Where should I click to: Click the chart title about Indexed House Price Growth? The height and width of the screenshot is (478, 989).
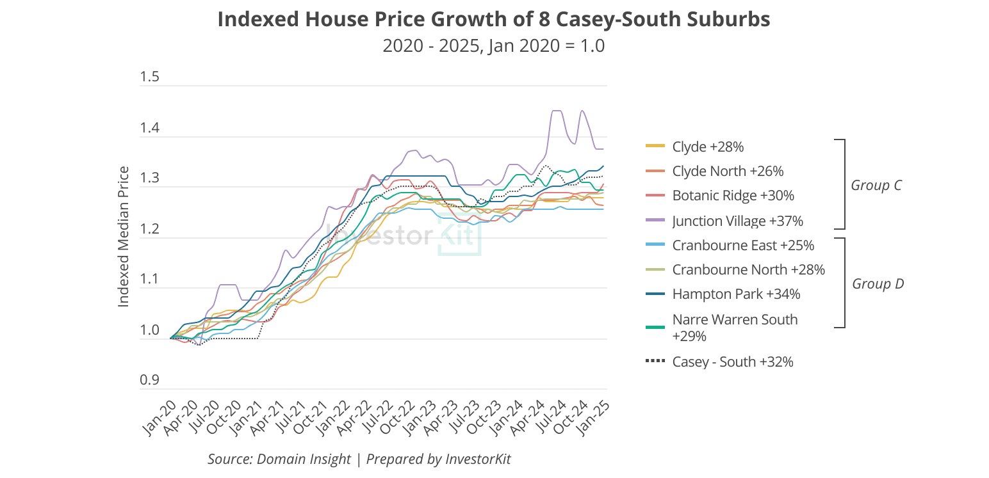pos(493,20)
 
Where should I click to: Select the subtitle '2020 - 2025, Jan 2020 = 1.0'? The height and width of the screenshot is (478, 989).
pos(493,47)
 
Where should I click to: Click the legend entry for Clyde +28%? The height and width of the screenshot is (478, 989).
pos(707,147)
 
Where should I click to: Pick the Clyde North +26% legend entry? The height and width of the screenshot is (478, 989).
pos(728,171)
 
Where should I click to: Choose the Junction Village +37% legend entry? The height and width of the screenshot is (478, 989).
pos(737,221)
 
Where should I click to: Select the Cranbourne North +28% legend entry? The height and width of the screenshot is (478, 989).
pos(748,270)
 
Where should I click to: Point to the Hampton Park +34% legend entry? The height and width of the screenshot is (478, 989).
pos(736,294)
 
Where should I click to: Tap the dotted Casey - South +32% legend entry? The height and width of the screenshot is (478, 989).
pos(732,362)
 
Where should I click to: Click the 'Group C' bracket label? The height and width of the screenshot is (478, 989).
pos(876,186)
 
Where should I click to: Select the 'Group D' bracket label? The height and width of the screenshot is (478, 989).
pos(878,284)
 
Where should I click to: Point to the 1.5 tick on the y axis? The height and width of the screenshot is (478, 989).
pos(149,78)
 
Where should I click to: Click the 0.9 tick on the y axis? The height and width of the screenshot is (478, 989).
pos(149,381)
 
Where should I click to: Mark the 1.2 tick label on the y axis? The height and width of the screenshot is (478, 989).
pos(149,230)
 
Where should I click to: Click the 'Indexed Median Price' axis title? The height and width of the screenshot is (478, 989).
pos(124,236)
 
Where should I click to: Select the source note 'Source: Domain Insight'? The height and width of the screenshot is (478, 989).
pos(279,459)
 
